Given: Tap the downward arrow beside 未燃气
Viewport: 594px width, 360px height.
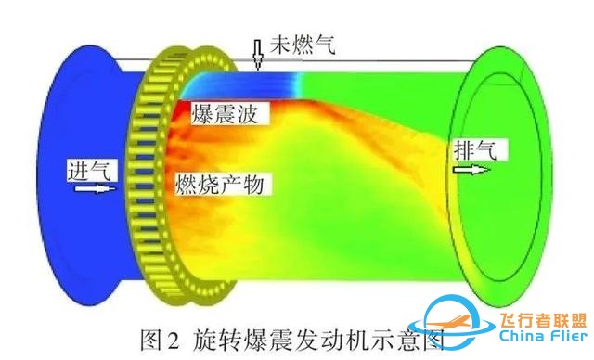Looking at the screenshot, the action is pyautogui.click(x=256, y=55).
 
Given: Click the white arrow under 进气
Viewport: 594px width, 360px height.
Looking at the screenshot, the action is pyautogui.click(x=93, y=189).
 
